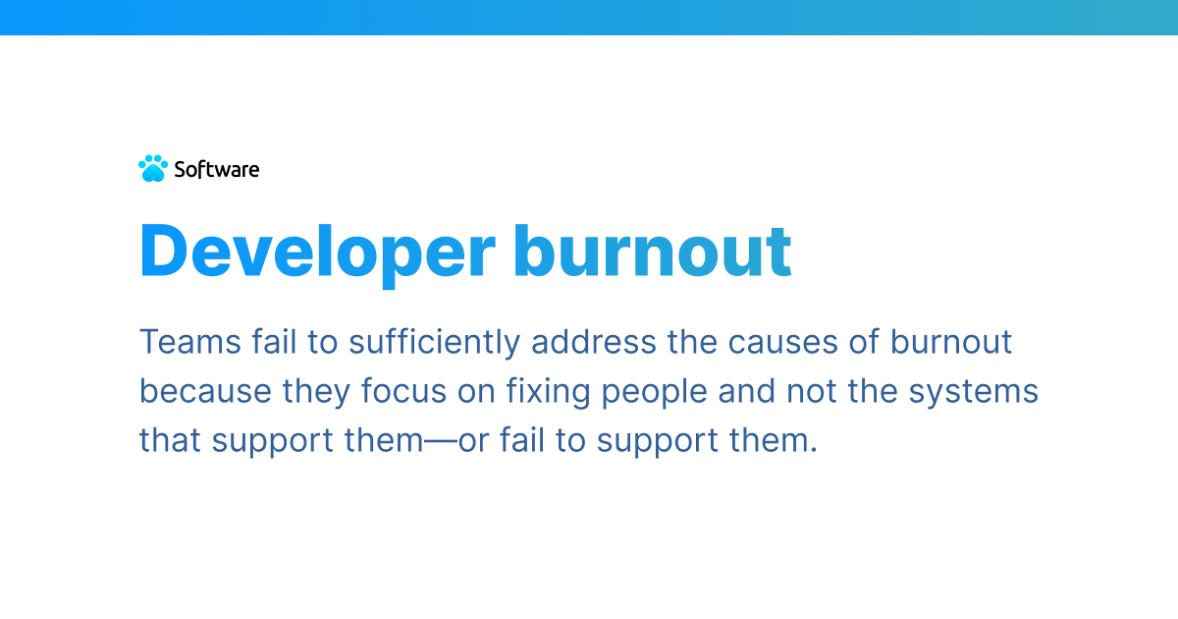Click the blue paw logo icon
coord(153,169)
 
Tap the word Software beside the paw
coord(217,169)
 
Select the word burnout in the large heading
coord(652,252)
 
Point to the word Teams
coord(177,342)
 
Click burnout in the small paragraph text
coord(951,342)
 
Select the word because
coord(204,391)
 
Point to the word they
coord(317,391)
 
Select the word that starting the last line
coord(170,440)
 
